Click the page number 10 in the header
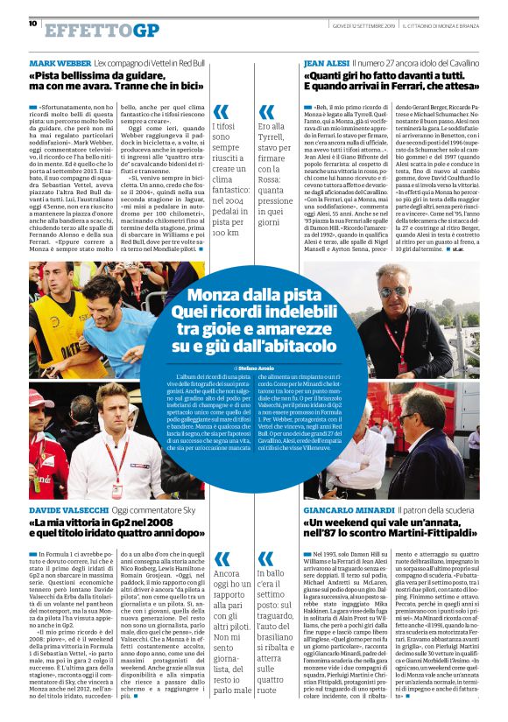tap(32, 24)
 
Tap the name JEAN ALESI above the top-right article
tap(325, 65)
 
